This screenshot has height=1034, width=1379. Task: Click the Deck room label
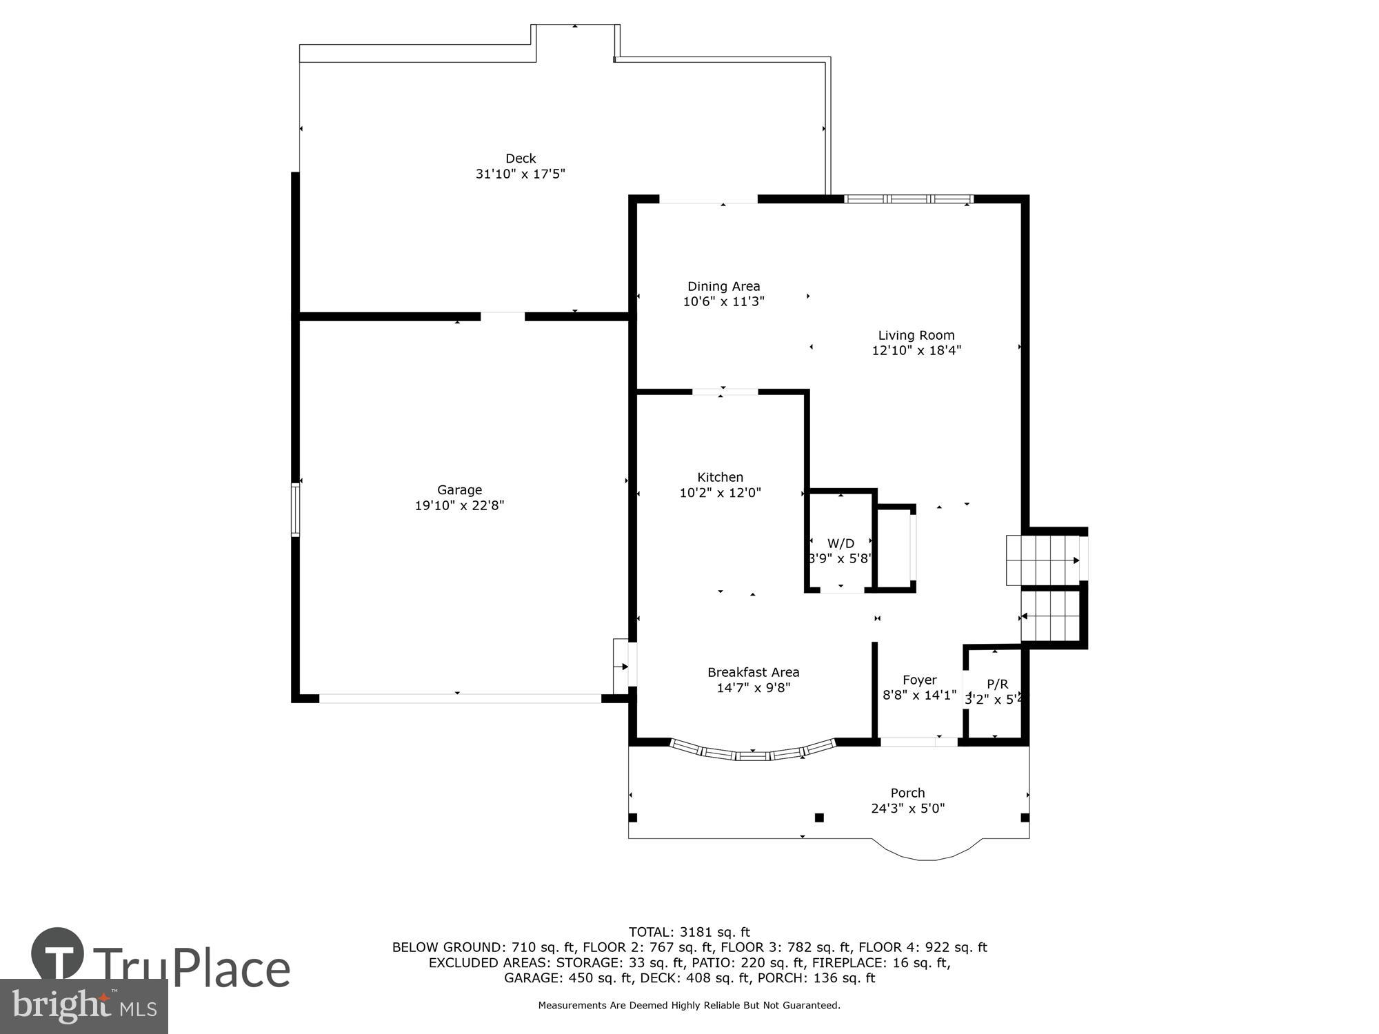521,159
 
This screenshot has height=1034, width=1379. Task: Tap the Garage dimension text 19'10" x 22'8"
459,505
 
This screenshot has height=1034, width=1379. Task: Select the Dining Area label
723,286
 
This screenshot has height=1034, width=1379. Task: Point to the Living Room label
916,335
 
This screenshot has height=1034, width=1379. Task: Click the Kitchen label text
720,477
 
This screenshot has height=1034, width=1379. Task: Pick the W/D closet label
841,543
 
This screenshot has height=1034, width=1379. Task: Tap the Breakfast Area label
753,672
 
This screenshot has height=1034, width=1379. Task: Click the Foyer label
919,680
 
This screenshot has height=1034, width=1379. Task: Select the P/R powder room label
997,684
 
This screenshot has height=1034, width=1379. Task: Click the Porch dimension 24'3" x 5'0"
907,808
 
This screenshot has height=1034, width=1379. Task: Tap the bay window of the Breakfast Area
753,753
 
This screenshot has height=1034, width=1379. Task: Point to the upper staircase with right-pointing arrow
1043,560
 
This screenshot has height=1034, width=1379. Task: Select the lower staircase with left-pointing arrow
1049,616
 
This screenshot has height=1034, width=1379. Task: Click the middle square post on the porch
819,818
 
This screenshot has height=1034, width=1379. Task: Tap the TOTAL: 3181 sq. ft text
689,933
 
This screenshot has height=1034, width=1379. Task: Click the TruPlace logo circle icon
58,955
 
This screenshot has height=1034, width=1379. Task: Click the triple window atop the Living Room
909,199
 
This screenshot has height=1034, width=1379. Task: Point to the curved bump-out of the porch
927,852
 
